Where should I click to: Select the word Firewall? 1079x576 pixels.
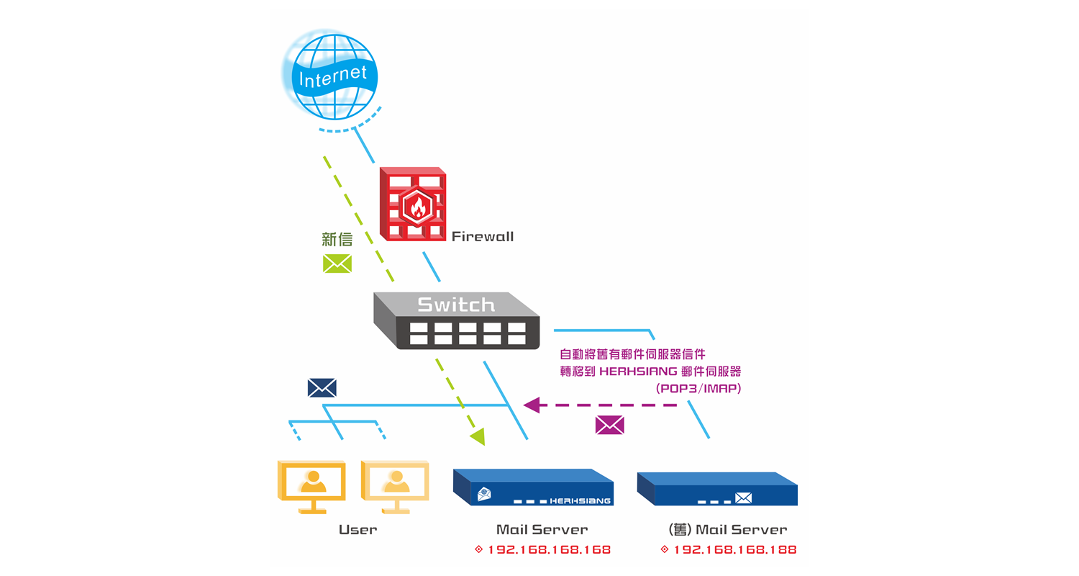[x=482, y=236]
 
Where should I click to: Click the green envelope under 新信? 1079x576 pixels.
[x=337, y=264]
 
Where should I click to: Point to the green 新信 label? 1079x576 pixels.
[x=337, y=239]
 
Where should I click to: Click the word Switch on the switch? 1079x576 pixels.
[x=456, y=305]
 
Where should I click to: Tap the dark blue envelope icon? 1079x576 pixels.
[x=322, y=388]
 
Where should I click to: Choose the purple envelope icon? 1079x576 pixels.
[x=609, y=425]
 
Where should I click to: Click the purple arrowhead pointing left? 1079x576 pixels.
[x=532, y=405]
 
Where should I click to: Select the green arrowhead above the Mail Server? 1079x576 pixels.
[x=477, y=436]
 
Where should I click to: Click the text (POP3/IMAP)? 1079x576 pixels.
[x=698, y=388]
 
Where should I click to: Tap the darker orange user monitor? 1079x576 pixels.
[x=311, y=485]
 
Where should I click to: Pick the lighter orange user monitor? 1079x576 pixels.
[x=394, y=485]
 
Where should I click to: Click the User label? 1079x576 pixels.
[x=358, y=530]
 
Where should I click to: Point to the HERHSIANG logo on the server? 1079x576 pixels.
[x=580, y=500]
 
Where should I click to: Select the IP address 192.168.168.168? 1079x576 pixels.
[x=549, y=549]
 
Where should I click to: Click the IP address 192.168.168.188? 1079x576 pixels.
[x=734, y=549]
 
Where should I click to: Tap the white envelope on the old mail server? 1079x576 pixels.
[x=743, y=498]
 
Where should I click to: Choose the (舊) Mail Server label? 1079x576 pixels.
[x=727, y=530]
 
